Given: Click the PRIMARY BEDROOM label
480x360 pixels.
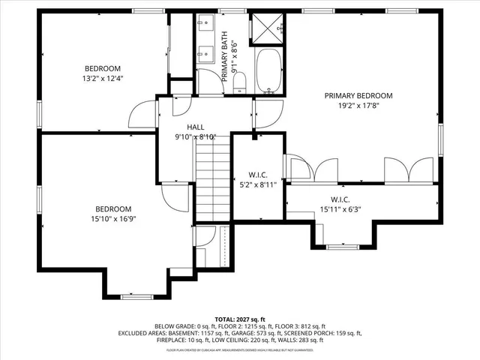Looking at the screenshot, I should coord(358,95).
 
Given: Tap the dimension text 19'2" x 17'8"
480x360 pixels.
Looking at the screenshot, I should coord(358,106).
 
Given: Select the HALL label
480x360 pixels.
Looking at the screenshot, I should coord(195,127).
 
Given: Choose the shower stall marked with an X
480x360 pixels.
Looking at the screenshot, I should coord(265,28).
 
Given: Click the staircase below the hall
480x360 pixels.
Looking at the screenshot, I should coord(212,184).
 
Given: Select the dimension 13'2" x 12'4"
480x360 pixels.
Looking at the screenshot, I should coord(103,77).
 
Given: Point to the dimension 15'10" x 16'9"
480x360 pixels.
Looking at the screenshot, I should coord(113,219).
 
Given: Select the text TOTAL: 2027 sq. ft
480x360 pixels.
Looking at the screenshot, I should coord(239,319).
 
